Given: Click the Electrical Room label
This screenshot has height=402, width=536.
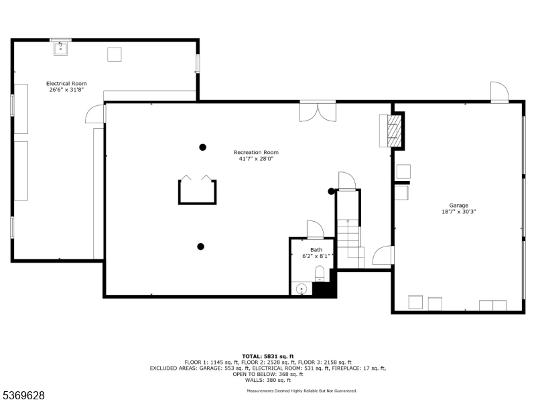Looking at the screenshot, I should pos(66,84).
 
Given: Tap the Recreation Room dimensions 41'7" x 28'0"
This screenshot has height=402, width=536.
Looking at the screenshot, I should pos(256,159).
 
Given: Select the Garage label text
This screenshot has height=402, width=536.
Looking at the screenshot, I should pos(458,205).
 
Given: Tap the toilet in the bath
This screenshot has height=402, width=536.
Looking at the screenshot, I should pos(320,273).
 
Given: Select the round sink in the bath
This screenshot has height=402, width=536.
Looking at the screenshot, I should pos(301,289).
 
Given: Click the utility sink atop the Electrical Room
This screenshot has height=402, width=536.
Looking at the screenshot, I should pos(61,47).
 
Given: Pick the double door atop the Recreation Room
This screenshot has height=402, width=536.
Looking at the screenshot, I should pos(318,111).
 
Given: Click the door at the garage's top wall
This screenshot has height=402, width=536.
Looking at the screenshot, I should pos(499,92).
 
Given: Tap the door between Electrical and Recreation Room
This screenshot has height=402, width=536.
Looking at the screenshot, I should pos(96,115).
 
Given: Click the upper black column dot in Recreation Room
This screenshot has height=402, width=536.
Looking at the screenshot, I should pos(202,147).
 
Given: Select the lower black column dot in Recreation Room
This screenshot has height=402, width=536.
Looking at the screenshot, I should pos(200,247).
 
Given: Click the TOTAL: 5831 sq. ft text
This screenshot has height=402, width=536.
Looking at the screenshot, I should pos(267,356).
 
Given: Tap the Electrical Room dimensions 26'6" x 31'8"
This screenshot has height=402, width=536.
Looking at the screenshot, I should pos(66,90).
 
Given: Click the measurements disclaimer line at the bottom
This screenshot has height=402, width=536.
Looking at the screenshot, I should pos(301,390).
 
